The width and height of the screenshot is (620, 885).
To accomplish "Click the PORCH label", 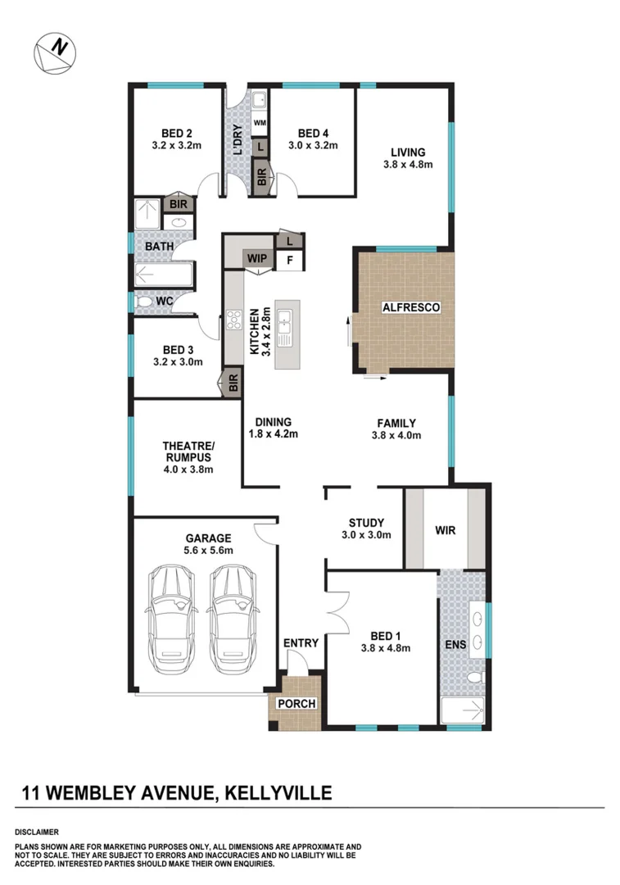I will click(x=295, y=703).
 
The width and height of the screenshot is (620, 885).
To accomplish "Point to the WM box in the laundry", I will click(x=259, y=123).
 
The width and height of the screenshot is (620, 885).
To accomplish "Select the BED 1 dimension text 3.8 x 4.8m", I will click(x=385, y=648).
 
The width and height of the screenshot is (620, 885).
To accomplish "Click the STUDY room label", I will click(x=366, y=522).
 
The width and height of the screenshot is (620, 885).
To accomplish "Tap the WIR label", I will click(x=446, y=530).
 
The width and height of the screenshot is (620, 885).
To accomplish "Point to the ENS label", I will click(x=455, y=645).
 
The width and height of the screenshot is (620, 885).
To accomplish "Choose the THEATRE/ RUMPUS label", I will click(x=188, y=451).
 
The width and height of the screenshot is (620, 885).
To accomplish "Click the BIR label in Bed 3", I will click(x=233, y=383).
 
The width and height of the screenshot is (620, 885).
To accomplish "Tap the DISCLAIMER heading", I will click(x=42, y=832).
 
